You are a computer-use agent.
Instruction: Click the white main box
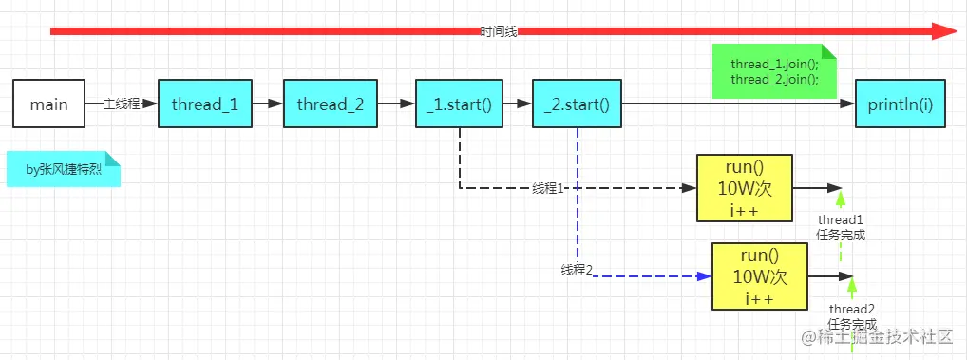click(49, 104)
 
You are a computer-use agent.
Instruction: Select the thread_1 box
click(206, 104)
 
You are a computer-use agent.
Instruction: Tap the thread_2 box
click(331, 104)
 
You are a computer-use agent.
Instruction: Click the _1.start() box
click(459, 104)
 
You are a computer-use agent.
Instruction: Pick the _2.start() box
click(577, 104)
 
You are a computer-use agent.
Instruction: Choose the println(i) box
click(901, 104)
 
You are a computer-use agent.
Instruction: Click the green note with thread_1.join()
click(774, 71)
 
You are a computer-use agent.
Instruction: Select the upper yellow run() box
click(744, 187)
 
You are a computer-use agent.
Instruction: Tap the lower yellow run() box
click(760, 275)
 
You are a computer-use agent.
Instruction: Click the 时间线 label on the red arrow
click(499, 31)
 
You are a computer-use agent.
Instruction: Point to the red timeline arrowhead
click(943, 31)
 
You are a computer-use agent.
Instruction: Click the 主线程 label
click(122, 104)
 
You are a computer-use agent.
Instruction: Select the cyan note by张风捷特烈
click(64, 170)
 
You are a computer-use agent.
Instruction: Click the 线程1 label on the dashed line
click(549, 188)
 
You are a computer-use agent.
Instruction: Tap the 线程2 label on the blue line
click(577, 271)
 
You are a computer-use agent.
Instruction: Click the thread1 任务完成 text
click(841, 228)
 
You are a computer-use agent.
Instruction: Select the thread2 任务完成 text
click(852, 316)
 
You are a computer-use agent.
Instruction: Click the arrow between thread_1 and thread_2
click(268, 104)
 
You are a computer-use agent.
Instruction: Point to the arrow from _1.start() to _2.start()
click(517, 104)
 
